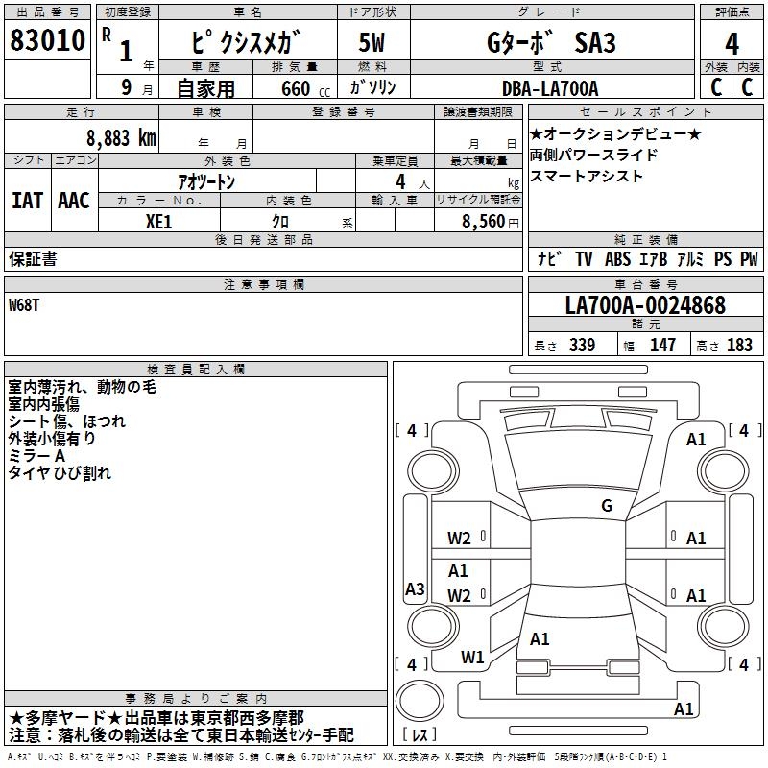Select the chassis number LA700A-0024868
645,306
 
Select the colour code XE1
159,220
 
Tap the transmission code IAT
27,201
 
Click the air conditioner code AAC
73,201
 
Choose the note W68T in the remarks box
25,305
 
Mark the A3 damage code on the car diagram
415,589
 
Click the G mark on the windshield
606,506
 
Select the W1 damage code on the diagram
472,658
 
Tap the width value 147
662,346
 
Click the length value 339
582,346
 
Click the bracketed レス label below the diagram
423,734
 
